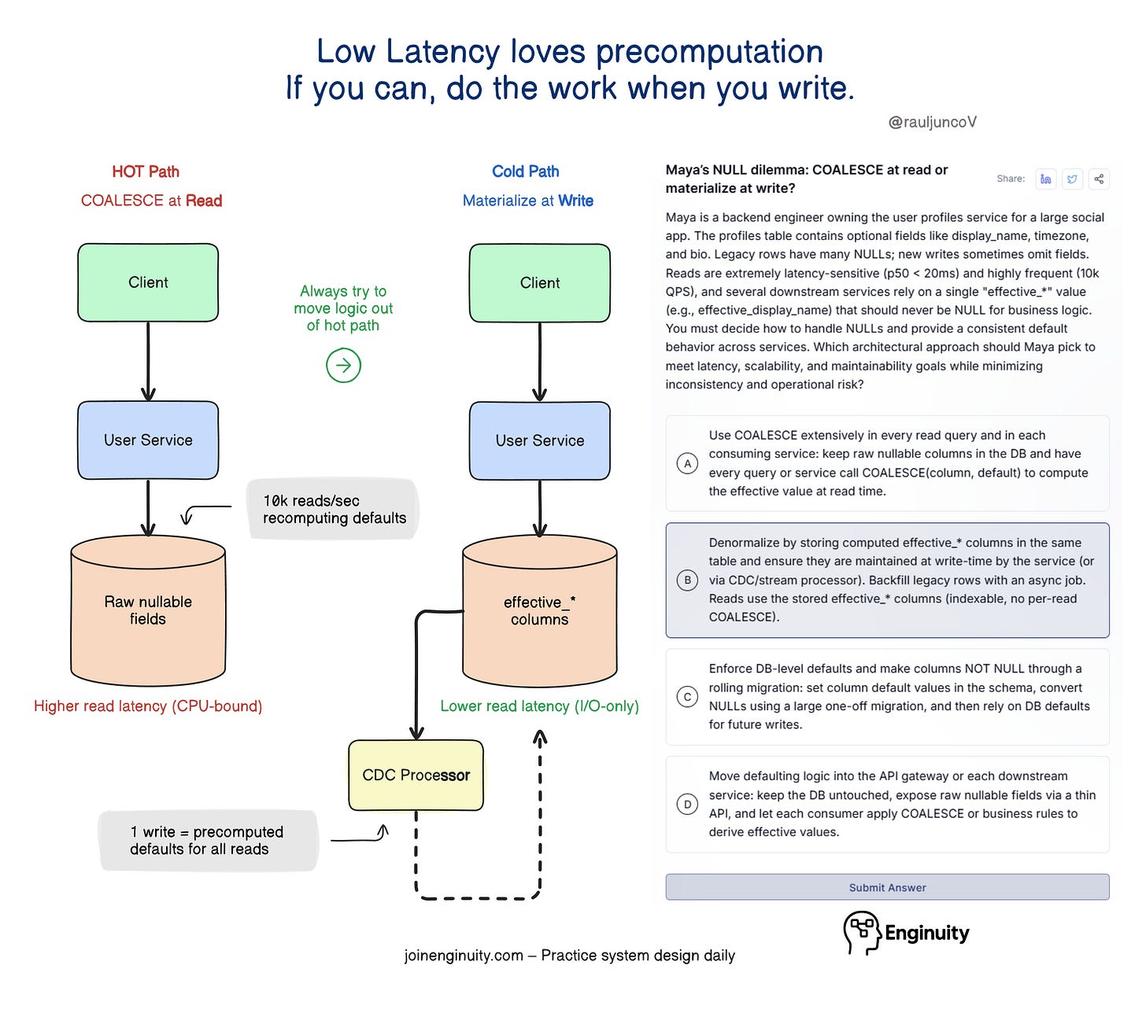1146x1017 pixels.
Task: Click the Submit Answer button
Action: click(887, 887)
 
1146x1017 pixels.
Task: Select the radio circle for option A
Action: click(687, 463)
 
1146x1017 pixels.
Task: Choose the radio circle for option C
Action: click(687, 697)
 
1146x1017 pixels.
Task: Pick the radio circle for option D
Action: click(687, 804)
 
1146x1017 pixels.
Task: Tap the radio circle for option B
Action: click(687, 580)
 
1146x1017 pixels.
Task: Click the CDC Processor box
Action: click(416, 776)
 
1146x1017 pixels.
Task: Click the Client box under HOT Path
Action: click(148, 282)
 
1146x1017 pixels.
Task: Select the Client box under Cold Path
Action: click(540, 283)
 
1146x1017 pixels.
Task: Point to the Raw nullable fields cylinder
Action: click(148, 610)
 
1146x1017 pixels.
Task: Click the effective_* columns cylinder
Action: click(540, 611)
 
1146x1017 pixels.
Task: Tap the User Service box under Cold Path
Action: click(540, 440)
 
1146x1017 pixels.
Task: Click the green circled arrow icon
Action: click(343, 365)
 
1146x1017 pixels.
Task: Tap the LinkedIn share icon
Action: click(1045, 179)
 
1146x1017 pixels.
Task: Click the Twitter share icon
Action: click(1072, 179)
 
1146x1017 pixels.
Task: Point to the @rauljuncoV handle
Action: click(933, 122)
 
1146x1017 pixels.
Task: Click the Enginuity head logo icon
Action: click(861, 932)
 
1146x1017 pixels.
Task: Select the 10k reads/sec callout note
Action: click(334, 510)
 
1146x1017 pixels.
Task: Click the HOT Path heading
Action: click(146, 171)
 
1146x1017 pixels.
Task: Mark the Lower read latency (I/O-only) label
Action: click(539, 706)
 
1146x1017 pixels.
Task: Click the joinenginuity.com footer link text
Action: click(464, 956)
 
